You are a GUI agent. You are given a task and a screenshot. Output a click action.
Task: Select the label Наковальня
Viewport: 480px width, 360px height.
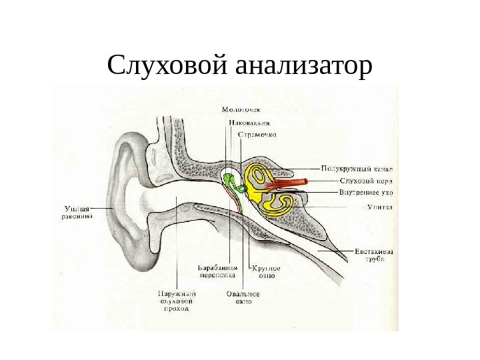point(249,122)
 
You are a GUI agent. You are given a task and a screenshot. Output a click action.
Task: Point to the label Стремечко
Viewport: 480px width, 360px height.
point(257,134)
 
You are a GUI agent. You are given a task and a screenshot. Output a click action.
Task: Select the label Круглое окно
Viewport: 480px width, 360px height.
point(265,271)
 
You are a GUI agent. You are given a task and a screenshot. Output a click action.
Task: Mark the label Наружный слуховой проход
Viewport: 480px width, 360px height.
point(176,300)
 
